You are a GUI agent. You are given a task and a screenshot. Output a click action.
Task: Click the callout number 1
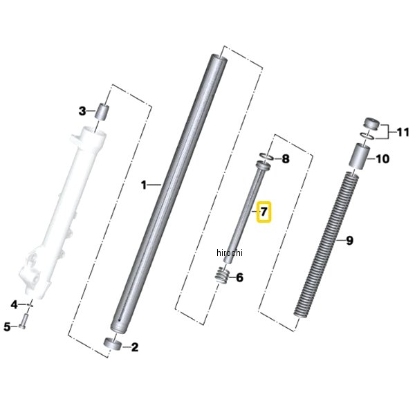(144, 185)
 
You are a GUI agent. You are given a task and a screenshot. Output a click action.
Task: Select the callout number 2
(135, 347)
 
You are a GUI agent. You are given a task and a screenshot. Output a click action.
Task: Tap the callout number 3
(82, 111)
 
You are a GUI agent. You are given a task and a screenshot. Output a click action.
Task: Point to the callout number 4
(14, 304)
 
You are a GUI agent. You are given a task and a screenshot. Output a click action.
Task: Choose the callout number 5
(7, 327)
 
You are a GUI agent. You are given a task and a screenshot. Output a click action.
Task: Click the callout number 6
(239, 277)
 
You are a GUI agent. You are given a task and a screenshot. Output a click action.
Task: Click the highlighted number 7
(264, 212)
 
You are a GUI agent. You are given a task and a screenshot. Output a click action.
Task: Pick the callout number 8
(286, 159)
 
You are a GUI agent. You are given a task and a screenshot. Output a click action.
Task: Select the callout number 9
(349, 241)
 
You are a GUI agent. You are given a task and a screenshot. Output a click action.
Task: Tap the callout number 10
(382, 159)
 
